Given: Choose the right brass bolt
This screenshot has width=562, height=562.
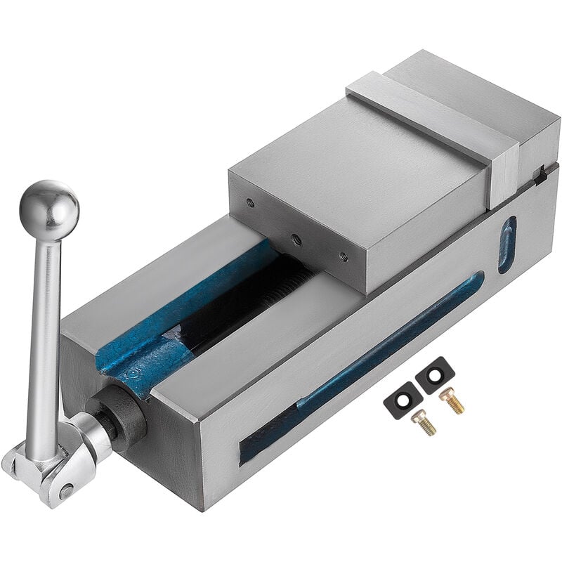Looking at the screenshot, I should click(x=451, y=399).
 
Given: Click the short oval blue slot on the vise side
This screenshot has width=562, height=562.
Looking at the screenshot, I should click(x=507, y=244).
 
